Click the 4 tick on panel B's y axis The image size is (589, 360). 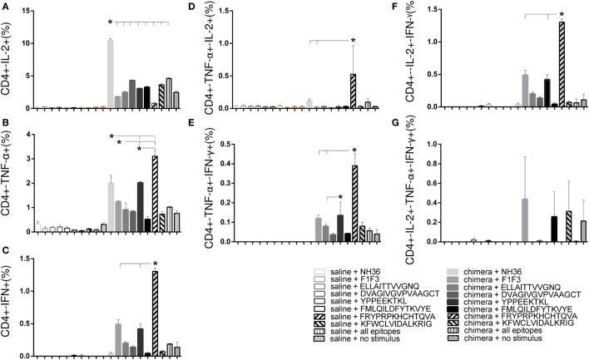32,135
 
